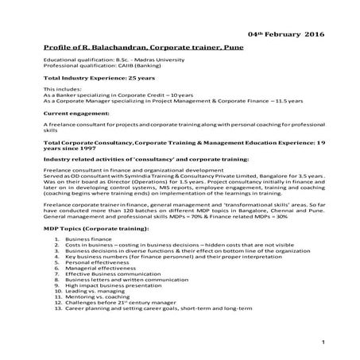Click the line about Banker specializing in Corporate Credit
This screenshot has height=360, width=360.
pyautogui.click(x=116, y=97)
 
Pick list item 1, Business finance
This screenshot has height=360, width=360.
pyautogui.click(x=91, y=238)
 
